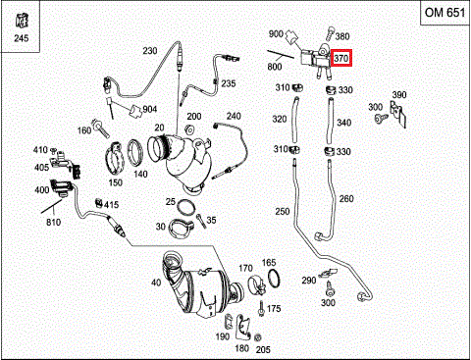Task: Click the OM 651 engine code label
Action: [x=445, y=13]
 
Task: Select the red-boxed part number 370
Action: [x=340, y=58]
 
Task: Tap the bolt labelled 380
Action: [x=330, y=33]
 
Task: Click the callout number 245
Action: [x=22, y=38]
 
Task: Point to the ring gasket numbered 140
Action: [x=135, y=152]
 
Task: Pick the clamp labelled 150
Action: [x=115, y=158]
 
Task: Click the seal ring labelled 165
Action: [x=274, y=279]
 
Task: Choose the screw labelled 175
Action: [x=261, y=308]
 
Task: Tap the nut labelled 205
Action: [x=258, y=337]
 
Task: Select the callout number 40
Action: [x=156, y=283]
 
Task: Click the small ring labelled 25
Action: [x=185, y=207]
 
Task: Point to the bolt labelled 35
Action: [x=201, y=222]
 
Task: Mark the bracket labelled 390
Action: [x=398, y=114]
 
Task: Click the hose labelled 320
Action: [x=295, y=120]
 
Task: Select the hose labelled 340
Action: [x=330, y=121]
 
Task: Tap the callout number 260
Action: [x=346, y=199]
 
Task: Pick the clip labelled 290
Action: [x=328, y=273]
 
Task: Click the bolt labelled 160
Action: [x=101, y=129]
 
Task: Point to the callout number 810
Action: [x=53, y=223]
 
